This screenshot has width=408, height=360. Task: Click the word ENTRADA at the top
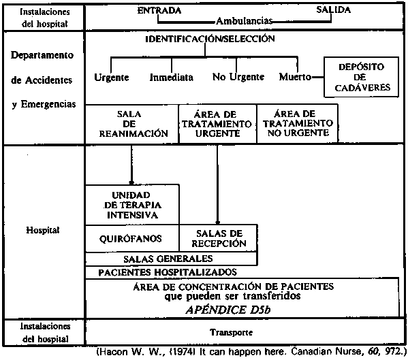click(x=159, y=10)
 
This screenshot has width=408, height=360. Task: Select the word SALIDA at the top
click(x=333, y=10)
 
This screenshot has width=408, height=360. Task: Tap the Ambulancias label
click(x=244, y=21)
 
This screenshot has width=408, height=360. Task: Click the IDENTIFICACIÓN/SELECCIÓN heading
click(x=210, y=39)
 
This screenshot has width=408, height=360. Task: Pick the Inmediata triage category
click(x=171, y=77)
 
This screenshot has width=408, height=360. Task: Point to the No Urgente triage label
click(x=238, y=77)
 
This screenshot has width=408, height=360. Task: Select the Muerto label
click(x=295, y=77)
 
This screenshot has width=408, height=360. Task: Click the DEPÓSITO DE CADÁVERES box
click(x=361, y=77)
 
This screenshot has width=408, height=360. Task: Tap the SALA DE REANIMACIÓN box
click(x=132, y=124)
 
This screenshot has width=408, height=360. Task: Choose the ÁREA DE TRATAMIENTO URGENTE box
click(x=217, y=124)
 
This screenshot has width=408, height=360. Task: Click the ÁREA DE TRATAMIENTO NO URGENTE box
click(x=298, y=123)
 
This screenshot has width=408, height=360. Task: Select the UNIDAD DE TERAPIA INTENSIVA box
click(x=132, y=205)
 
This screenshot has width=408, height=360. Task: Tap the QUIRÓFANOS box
click(x=132, y=238)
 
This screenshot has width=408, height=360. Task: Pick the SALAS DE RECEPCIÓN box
click(x=219, y=238)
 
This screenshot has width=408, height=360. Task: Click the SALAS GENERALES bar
click(x=172, y=259)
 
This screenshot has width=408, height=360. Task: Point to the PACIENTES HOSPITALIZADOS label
click(x=168, y=272)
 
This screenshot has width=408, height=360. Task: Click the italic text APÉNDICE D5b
click(x=228, y=310)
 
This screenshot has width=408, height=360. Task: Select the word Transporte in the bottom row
click(x=232, y=333)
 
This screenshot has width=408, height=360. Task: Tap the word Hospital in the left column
click(x=43, y=230)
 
